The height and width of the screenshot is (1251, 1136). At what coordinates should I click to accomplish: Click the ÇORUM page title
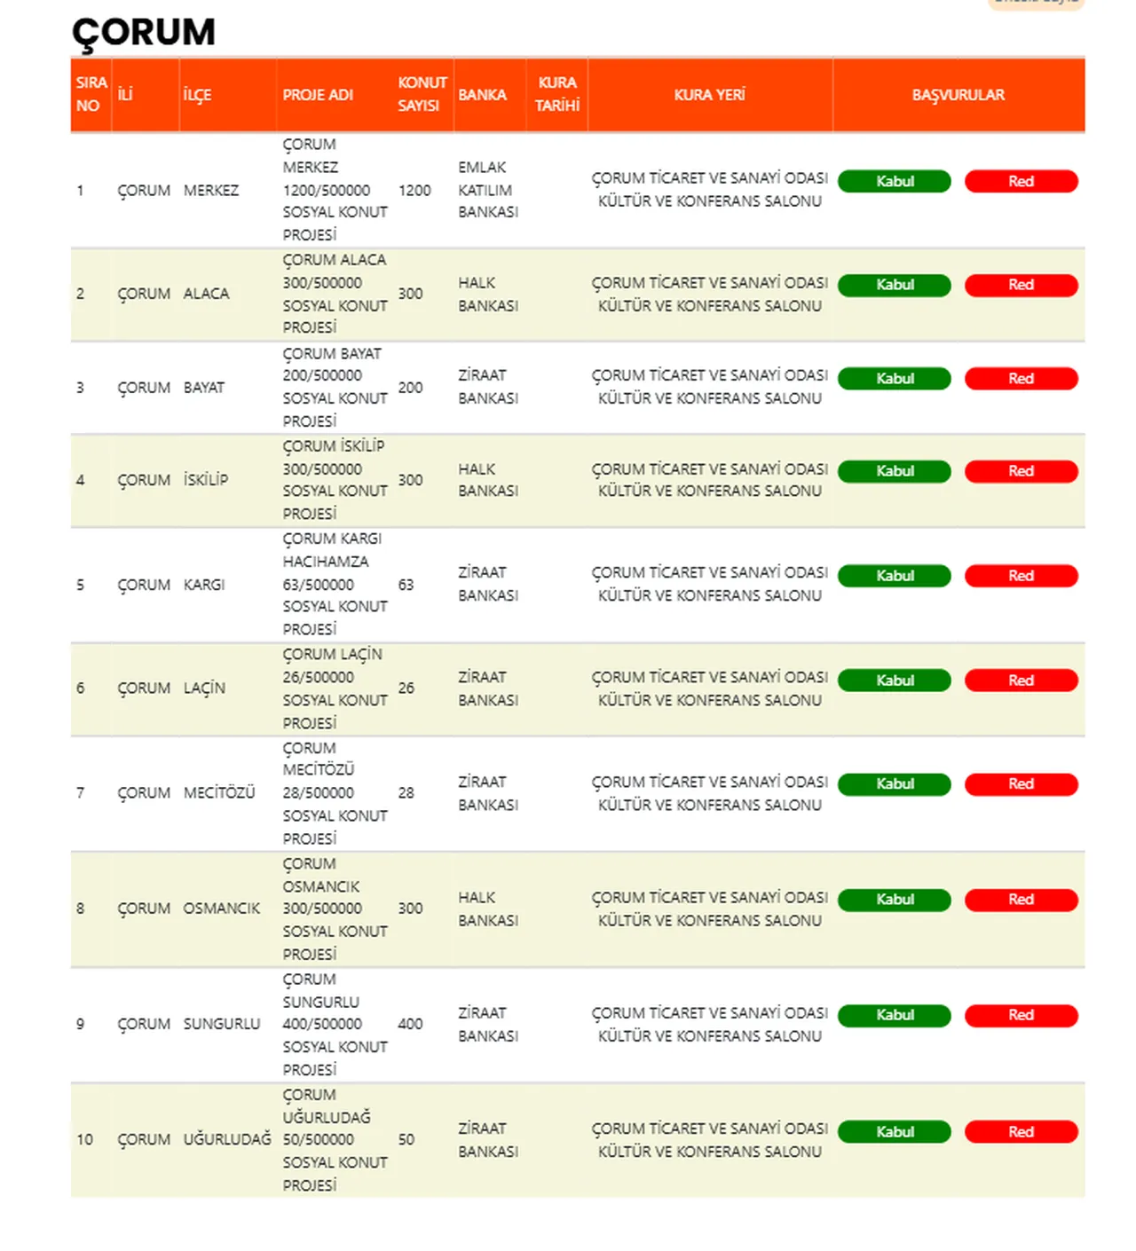(x=143, y=33)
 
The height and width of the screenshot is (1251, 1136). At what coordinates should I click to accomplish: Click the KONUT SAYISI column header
(x=421, y=94)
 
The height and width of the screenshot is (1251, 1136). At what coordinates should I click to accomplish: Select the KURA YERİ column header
(x=709, y=95)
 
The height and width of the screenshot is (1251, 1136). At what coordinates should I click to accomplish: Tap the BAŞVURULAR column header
(x=958, y=95)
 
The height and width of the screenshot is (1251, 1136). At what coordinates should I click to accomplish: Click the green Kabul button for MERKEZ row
(x=894, y=181)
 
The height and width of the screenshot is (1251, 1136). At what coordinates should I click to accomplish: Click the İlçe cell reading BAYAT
(x=204, y=388)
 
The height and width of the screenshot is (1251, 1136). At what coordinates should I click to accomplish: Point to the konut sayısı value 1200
(x=414, y=190)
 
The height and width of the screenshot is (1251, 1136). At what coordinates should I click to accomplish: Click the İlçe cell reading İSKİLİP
(x=206, y=480)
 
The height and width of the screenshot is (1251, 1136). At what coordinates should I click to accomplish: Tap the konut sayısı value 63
(x=406, y=585)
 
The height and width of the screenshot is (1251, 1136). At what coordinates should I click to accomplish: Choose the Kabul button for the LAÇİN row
(x=894, y=681)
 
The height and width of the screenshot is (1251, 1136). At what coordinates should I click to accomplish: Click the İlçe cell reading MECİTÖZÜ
(x=219, y=792)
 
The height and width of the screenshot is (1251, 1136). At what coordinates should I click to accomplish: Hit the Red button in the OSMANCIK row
(x=1021, y=900)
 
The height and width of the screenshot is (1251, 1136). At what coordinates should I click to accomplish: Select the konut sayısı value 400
(x=410, y=1024)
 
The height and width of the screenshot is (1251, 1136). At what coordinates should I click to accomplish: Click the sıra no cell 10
(x=84, y=1139)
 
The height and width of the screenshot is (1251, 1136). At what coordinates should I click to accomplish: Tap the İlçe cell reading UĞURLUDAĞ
(x=227, y=1139)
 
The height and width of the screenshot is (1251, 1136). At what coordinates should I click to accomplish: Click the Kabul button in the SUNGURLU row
(x=894, y=1015)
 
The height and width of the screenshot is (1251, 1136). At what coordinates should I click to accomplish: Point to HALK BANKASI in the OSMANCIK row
(x=487, y=909)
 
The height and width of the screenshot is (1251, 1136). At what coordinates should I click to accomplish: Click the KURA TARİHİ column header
(x=556, y=94)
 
